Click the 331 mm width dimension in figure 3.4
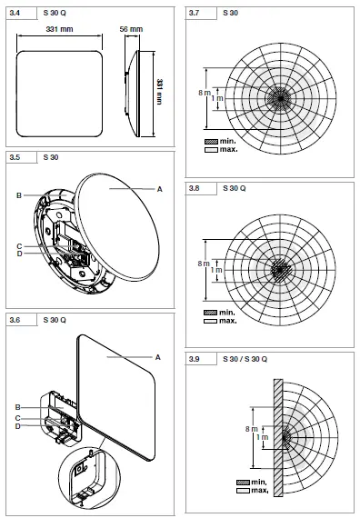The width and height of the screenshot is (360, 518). [61, 31]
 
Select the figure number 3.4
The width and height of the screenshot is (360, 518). [15, 12]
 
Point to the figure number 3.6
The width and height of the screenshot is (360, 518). [15, 319]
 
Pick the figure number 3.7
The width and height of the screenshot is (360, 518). [195, 12]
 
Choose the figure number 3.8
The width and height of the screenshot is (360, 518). [195, 188]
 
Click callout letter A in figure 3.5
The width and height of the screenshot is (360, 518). [160, 188]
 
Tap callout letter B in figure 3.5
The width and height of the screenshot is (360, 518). [19, 195]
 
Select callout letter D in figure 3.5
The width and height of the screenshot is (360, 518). [19, 254]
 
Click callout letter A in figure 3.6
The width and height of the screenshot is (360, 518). [158, 357]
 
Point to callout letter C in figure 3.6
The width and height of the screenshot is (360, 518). [19, 417]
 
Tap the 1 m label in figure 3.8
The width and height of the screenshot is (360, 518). [215, 270]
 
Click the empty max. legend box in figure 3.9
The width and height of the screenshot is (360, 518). [243, 490]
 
